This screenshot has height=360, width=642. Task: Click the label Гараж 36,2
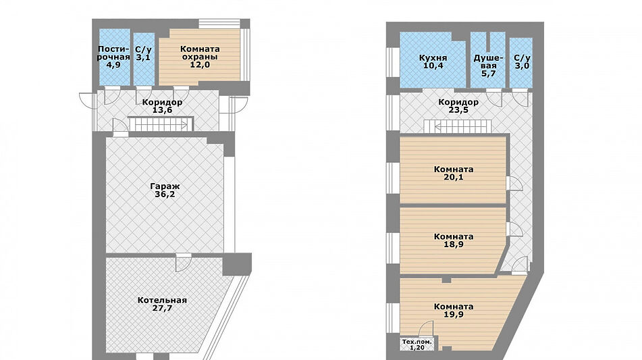coord(165,190)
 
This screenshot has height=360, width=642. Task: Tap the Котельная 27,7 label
coord(162,305)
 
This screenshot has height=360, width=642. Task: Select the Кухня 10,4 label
coord(433,61)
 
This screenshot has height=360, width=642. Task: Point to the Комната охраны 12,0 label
coord(200,57)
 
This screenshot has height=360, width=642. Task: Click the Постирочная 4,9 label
coord(113,57)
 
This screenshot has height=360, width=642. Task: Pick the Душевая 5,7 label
coord(489,66)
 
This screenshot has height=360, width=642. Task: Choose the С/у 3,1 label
coord(143,53)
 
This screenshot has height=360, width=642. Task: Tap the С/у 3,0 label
coord(522,61)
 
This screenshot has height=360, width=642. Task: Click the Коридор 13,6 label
coord(162,106)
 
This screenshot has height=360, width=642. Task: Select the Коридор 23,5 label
coord(458,106)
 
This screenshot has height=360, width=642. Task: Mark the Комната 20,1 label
coord(454,173)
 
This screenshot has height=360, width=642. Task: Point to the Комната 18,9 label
coord(454,240)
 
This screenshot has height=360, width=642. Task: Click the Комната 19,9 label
coord(454,311)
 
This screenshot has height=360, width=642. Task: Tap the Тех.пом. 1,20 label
coord(417,344)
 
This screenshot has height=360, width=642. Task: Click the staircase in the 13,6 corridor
coord(160,124)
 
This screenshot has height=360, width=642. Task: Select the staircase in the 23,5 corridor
coord(457,126)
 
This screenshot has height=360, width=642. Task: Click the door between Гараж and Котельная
coord(184,263)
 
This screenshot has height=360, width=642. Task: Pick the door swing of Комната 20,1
coord(514,183)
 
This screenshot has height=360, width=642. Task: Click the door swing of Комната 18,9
coord(514,230)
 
